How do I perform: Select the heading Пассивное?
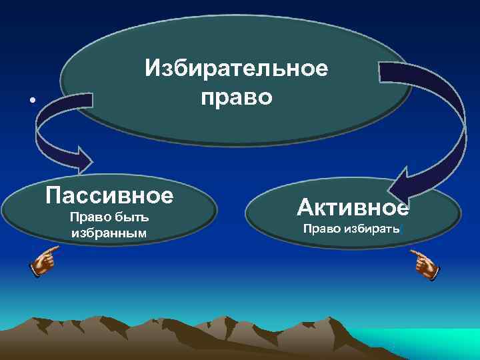click(109, 196)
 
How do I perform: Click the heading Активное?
click(353, 208)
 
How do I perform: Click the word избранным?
click(109, 233)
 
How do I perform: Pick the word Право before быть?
click(89, 218)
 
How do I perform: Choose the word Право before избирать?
click(320, 229)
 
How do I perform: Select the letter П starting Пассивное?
click(54, 196)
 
